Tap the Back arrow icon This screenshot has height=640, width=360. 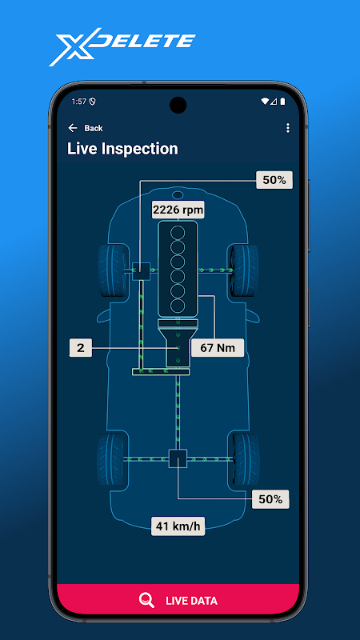coord(73,128)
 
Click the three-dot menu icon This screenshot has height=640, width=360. coord(288,128)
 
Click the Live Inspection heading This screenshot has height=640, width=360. coord(122,149)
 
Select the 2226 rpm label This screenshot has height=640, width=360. coord(178,210)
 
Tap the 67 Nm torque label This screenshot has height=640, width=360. coord(218,348)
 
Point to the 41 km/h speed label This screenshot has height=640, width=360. coord(178,526)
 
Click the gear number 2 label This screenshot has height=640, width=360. coord(81,348)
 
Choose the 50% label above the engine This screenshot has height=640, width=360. coord(274,180)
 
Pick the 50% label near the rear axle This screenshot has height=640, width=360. coord(270,499)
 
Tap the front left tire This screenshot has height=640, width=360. coord(113,270)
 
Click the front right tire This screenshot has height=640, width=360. coord(243,270)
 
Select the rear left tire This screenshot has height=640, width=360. coord(113,458)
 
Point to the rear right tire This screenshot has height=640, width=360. coord(244,458)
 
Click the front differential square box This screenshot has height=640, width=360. coord(142,271)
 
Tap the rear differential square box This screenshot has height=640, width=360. coord(178,458)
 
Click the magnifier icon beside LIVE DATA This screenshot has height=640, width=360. coord(146,601)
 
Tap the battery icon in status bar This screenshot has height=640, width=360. coord(282,102)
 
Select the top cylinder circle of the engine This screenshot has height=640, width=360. coord(178,233)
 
